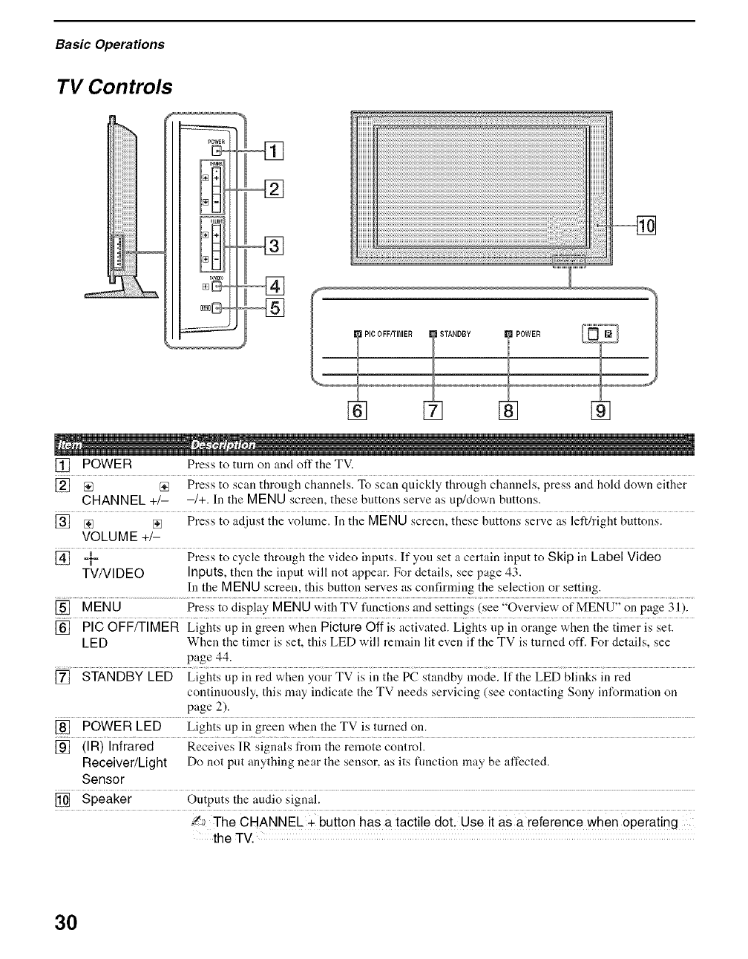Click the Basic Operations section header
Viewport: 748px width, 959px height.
(110, 44)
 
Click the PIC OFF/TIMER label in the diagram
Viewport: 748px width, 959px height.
(388, 333)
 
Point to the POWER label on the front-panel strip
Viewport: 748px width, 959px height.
(528, 333)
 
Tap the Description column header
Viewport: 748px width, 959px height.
(223, 445)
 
